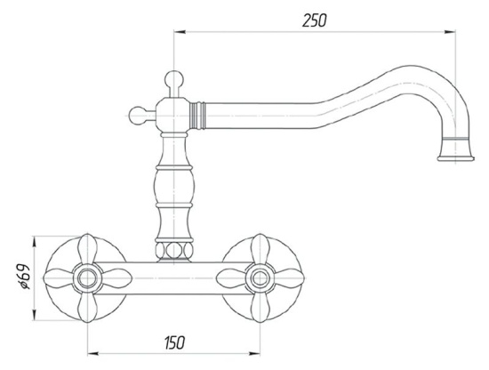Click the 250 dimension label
(315, 20)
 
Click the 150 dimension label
(174, 342)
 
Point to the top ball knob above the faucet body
(173, 79)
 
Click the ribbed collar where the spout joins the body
(198, 116)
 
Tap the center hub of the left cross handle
(87, 278)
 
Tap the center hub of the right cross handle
(260, 278)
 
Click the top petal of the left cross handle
(87, 250)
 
